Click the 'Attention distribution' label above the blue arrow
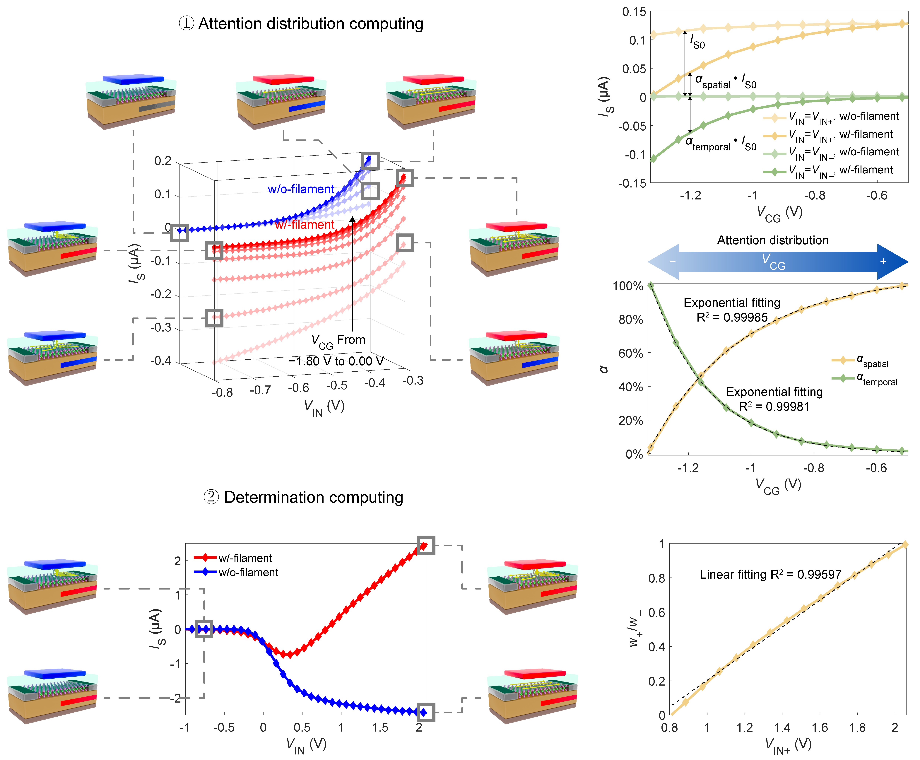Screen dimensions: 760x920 point(772,240)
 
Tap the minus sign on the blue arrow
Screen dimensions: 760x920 point(672,262)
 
